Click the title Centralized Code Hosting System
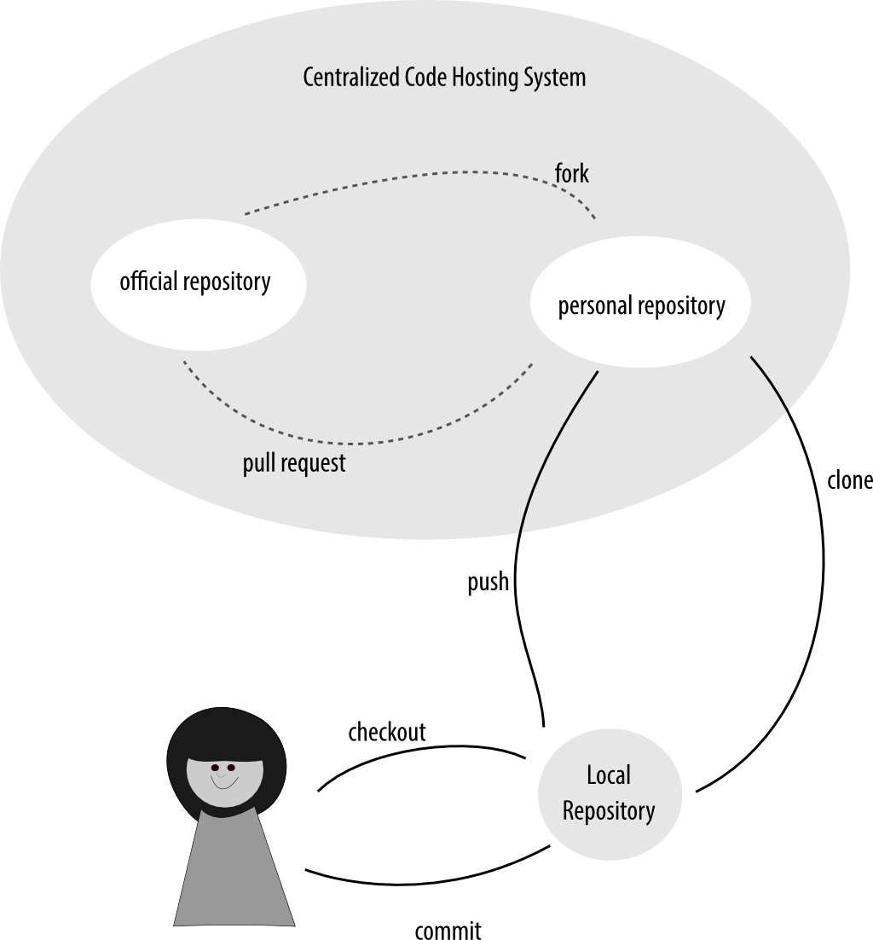(x=444, y=78)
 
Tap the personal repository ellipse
(x=641, y=306)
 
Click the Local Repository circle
(x=609, y=793)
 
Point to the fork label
(x=571, y=174)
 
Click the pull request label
(x=294, y=463)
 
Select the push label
(x=488, y=582)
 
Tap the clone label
(x=849, y=480)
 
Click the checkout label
(x=386, y=732)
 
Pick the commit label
(x=448, y=929)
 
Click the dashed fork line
(x=409, y=176)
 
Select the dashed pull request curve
(x=358, y=443)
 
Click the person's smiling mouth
(x=223, y=782)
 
